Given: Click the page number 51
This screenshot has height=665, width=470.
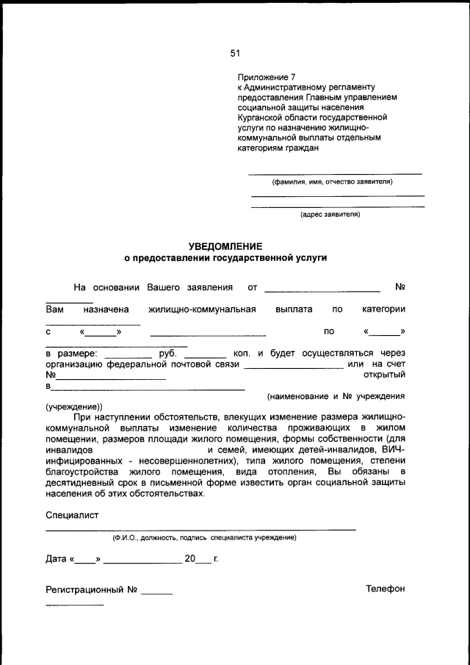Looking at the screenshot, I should click(x=235, y=53).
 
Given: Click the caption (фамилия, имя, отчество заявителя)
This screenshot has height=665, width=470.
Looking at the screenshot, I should click(x=333, y=181).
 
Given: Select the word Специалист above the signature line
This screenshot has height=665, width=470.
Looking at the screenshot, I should click(x=72, y=515).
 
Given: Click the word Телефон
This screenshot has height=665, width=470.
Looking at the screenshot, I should click(x=386, y=589).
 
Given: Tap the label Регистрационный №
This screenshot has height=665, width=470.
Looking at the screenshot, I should click(x=92, y=589).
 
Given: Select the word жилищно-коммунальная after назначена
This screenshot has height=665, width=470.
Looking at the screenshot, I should click(x=202, y=309).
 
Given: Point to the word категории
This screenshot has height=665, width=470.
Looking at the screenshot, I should click(x=383, y=309).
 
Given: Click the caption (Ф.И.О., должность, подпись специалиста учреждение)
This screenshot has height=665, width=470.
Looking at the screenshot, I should click(x=204, y=538).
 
